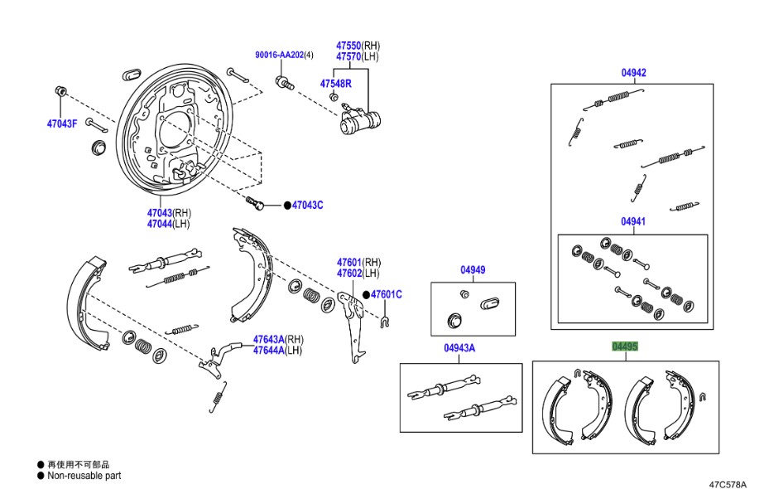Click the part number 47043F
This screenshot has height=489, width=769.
[61, 123]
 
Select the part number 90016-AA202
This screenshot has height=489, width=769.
[279, 55]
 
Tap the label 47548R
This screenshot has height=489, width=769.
[336, 83]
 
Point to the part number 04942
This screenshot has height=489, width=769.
[633, 72]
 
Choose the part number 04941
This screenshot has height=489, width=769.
[633, 222]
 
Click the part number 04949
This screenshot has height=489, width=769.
[473, 270]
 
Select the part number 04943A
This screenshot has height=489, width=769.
[459, 348]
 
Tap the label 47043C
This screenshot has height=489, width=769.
[307, 205]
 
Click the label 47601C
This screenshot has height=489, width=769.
[386, 294]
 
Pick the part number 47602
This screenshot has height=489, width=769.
[348, 273]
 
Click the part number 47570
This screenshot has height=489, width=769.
[348, 56]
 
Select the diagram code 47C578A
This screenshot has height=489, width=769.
[728, 484]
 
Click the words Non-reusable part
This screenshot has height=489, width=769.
[84, 476]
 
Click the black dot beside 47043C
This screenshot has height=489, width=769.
[287, 205]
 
